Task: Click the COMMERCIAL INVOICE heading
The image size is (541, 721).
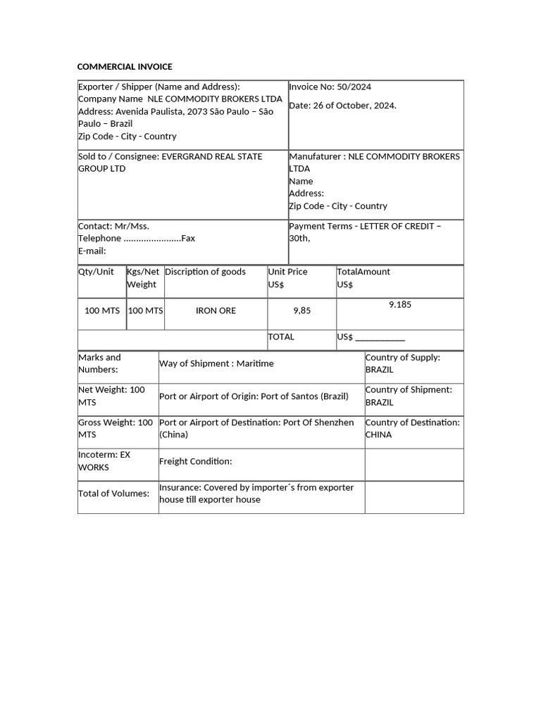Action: pos(125,67)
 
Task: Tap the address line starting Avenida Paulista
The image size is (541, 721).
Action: pos(175,111)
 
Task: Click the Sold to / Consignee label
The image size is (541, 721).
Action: pos(119,156)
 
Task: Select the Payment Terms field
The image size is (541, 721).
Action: pos(365,232)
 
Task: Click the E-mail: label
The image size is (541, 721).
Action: pos(92,251)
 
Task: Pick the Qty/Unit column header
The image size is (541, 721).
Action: pos(96,272)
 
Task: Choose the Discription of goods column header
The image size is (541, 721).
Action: pos(205,272)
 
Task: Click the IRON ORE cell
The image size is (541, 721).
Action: pos(216,311)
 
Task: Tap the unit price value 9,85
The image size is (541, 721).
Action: pos(301,311)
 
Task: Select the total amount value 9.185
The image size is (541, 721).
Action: pos(399,305)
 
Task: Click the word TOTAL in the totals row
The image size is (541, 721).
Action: pos(281,337)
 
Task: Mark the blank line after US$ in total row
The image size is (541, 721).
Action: pos(380,338)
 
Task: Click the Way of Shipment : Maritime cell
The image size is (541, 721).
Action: pos(216,364)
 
